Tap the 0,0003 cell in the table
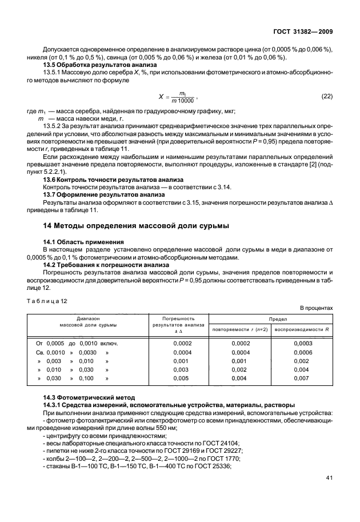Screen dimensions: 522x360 (x=302, y=342)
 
